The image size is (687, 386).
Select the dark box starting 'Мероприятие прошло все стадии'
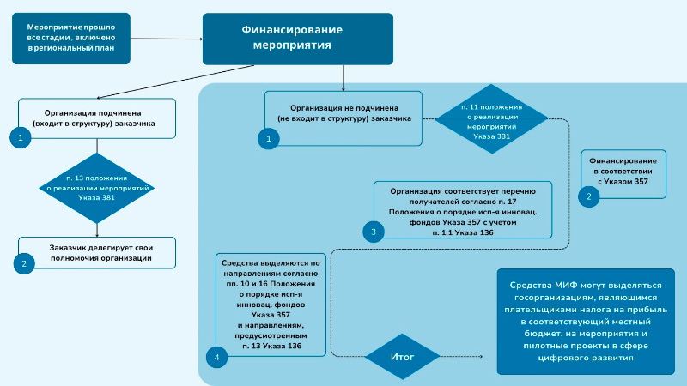[x=71, y=39]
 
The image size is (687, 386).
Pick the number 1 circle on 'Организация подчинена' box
[x=19, y=136]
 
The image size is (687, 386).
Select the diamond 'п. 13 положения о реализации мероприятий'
[x=97, y=187]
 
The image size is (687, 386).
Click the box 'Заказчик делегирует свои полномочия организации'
[x=100, y=252]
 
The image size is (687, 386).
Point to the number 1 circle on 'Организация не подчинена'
[x=269, y=137]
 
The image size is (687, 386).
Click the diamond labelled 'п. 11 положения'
[x=492, y=121]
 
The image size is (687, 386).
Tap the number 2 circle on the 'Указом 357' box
[x=588, y=196]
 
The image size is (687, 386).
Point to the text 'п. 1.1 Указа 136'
[x=462, y=232]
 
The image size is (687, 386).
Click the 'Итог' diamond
[x=402, y=355]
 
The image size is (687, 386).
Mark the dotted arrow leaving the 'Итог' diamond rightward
[x=464, y=356]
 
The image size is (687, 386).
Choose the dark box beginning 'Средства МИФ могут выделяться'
[x=586, y=322]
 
